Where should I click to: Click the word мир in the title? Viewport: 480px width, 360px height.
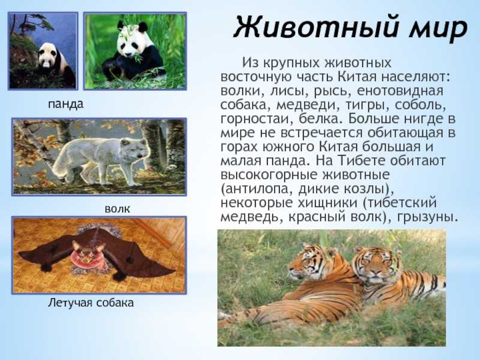tap(439, 29)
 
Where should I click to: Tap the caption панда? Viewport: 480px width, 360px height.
tap(65, 104)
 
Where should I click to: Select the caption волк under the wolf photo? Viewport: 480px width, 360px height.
tap(117, 209)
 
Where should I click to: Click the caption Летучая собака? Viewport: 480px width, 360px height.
tap(91, 303)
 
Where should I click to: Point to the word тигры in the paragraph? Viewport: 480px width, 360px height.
tap(367, 105)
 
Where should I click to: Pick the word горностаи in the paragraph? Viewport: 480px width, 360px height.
tap(254, 119)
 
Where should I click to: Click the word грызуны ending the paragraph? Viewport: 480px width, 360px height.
tap(428, 217)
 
